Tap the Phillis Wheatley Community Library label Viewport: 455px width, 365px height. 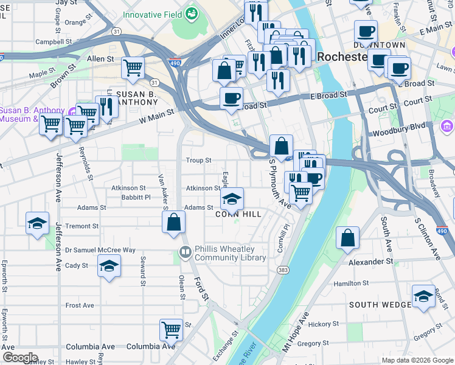pos(230,253)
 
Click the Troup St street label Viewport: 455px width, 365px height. pos(199,161)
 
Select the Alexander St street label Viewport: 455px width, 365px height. pos(371,262)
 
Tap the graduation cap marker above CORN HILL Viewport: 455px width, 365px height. pos(232,199)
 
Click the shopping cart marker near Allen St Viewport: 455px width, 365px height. pos(133,68)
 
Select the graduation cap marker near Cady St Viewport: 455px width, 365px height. pos(109,266)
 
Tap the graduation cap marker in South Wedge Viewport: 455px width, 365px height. pos(423,296)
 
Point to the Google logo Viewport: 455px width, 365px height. pos(20,357)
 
